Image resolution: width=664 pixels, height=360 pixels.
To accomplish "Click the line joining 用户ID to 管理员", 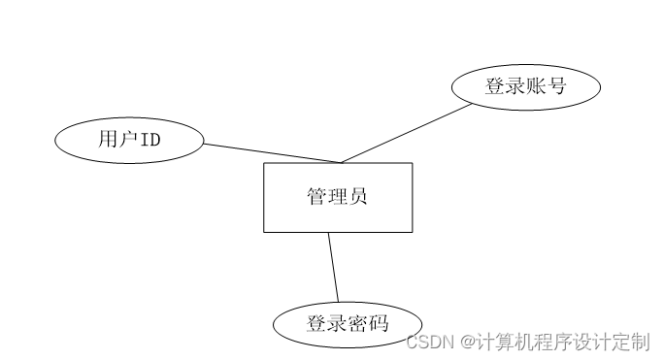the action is (272, 153).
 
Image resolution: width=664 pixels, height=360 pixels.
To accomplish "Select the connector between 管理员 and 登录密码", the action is (333, 267).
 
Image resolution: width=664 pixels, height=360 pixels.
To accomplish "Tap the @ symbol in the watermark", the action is (467, 342).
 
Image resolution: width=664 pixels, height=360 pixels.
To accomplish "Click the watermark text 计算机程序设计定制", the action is (563, 342).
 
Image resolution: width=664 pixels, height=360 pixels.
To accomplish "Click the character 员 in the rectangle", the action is (358, 197).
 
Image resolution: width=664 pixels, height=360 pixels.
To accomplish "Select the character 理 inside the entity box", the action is (338, 197).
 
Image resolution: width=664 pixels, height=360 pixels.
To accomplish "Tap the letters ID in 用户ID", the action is (149, 140).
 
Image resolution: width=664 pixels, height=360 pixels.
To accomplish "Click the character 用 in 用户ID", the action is (108, 140).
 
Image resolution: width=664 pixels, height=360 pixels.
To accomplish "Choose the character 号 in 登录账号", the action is (556, 86).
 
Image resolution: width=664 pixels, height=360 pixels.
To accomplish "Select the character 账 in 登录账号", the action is (536, 86).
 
